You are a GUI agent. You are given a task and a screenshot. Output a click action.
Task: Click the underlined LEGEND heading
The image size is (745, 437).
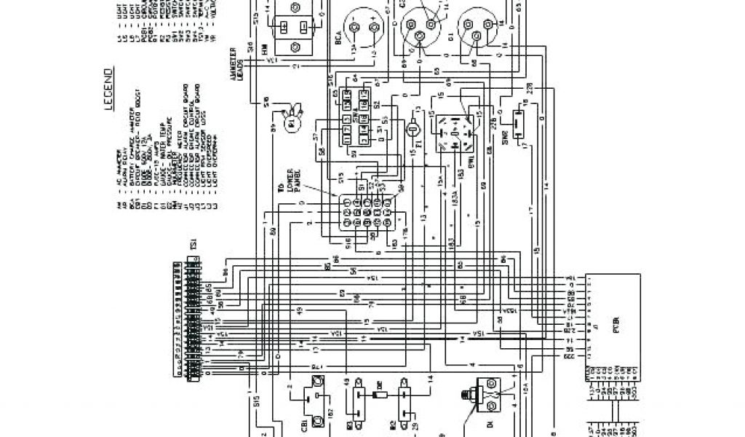107,90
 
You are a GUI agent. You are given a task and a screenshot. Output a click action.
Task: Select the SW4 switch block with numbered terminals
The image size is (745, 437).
356,117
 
